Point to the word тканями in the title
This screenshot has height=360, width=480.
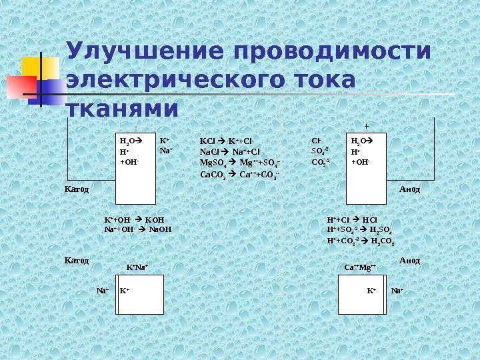coord(123,107)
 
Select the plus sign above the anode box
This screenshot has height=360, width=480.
coord(365,125)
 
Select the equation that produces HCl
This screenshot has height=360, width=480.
coord(353,219)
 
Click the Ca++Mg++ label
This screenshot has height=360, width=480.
coord(361,268)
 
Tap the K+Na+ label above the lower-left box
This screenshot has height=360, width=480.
coord(137,268)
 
